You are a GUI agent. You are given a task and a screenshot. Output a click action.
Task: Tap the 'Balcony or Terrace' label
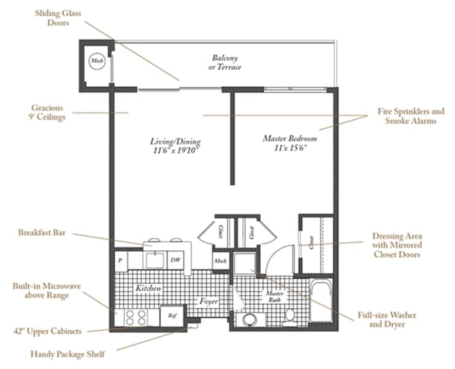click(x=225, y=62)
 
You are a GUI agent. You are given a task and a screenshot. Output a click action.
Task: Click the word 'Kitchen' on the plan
click(x=147, y=288)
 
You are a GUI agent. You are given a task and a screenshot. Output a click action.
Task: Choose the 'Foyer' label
click(x=208, y=300)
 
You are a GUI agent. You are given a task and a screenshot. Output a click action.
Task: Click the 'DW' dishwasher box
click(x=175, y=260)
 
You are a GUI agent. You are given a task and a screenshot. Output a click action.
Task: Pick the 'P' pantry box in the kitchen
click(x=120, y=260)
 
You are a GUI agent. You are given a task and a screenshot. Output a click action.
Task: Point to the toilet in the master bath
click(x=290, y=313)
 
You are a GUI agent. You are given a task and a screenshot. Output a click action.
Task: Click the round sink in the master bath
click(x=251, y=319)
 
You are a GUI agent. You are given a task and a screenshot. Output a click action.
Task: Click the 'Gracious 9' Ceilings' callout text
click(x=47, y=112)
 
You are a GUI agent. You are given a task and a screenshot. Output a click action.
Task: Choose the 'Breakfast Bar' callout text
click(x=41, y=233)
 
